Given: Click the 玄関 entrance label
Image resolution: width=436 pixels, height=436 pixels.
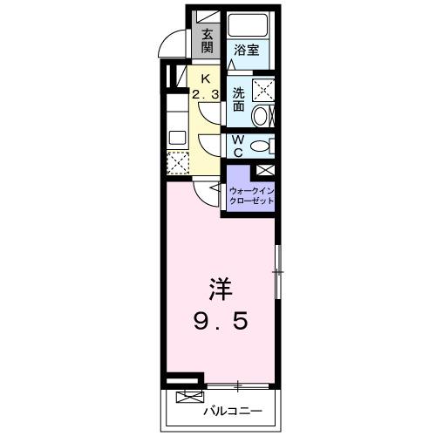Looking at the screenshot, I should pos(208,42).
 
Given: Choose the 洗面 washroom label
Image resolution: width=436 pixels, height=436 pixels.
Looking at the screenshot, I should pos(238,99).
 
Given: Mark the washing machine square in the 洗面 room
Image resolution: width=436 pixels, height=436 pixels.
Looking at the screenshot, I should pos(262,90).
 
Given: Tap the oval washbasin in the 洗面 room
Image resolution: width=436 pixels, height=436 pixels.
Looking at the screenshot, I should pos(262,117).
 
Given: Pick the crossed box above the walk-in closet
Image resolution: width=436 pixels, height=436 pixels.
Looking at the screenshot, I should pos(265,170).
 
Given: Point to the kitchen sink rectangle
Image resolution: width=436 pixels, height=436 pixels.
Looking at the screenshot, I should pos(177,136).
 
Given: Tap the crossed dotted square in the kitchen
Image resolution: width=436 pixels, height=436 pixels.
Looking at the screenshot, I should pos(177,162).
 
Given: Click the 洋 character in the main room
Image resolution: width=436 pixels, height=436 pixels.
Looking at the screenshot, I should pos(221,289).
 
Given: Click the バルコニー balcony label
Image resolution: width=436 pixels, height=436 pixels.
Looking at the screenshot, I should pos(228,408).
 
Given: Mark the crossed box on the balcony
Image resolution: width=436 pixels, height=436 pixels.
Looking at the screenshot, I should pos(187,397).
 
